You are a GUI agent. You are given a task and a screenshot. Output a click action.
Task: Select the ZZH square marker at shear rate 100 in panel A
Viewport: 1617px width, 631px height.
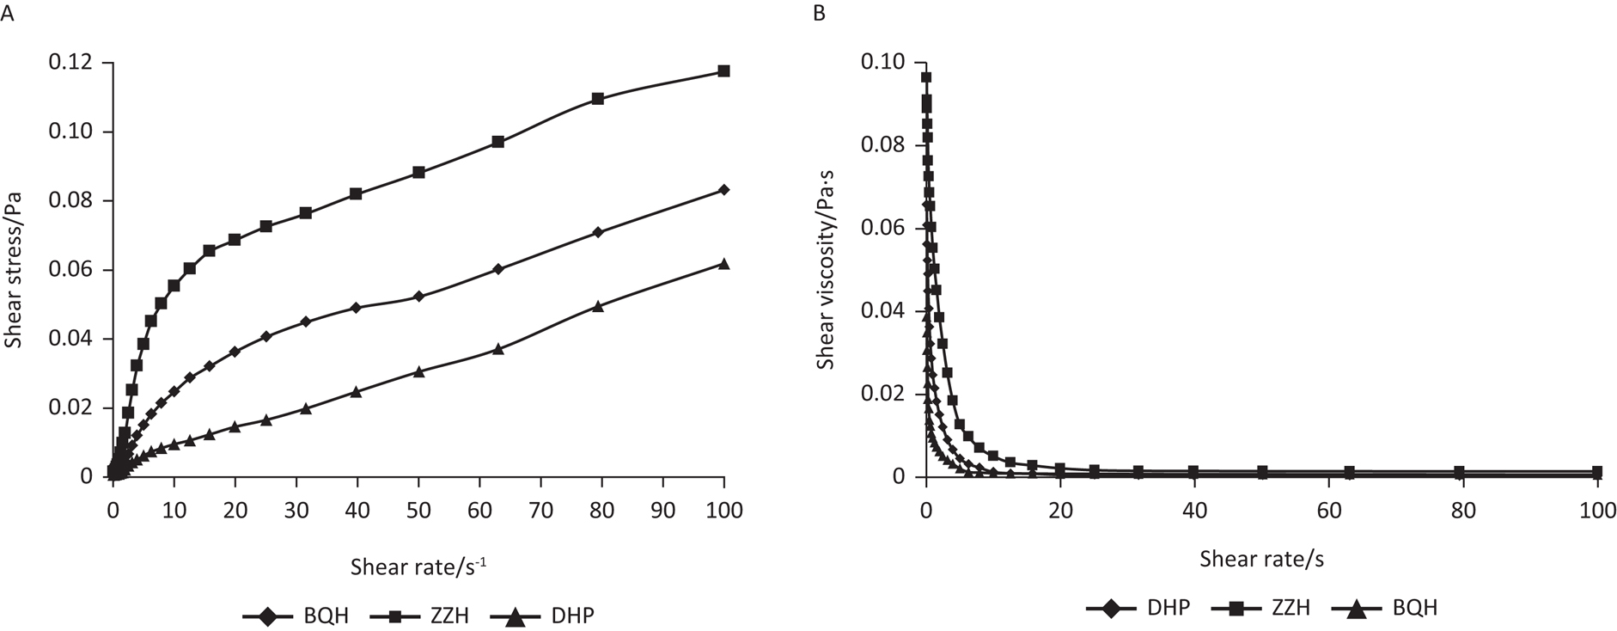723,70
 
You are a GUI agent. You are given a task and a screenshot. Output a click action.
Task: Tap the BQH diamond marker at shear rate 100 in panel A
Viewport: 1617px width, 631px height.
723,190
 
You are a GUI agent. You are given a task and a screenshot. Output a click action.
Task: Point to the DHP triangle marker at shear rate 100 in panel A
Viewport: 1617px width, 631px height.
723,264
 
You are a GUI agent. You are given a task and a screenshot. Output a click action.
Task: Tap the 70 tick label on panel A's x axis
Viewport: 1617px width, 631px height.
540,510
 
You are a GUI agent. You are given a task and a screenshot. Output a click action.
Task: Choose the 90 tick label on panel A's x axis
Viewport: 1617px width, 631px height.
662,510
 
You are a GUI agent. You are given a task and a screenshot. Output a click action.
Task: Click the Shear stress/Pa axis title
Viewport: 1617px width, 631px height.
14,270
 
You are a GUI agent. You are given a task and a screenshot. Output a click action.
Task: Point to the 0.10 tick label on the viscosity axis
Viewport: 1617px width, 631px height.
885,62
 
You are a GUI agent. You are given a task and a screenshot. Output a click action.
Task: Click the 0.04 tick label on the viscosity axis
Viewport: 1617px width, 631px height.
885,310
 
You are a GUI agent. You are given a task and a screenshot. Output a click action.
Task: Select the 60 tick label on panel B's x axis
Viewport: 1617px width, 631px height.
1329,510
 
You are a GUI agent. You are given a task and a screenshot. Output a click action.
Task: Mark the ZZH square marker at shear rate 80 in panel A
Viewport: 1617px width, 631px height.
598,99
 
